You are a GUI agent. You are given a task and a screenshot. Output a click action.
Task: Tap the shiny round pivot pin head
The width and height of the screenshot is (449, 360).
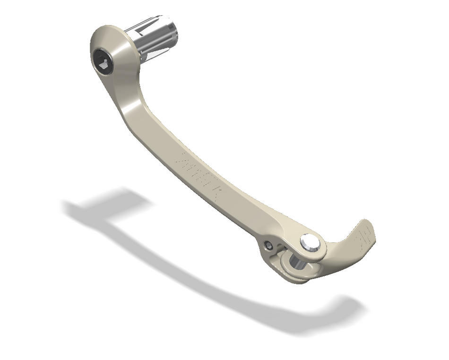pyautogui.click(x=310, y=242)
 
